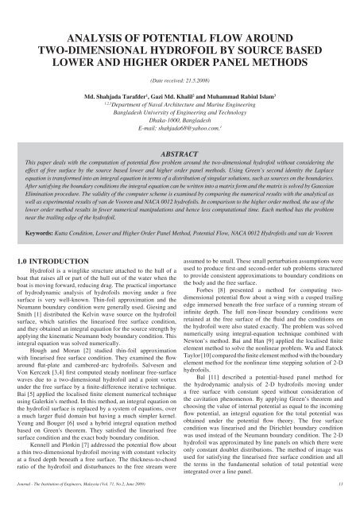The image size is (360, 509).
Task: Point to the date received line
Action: pos(179,82)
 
